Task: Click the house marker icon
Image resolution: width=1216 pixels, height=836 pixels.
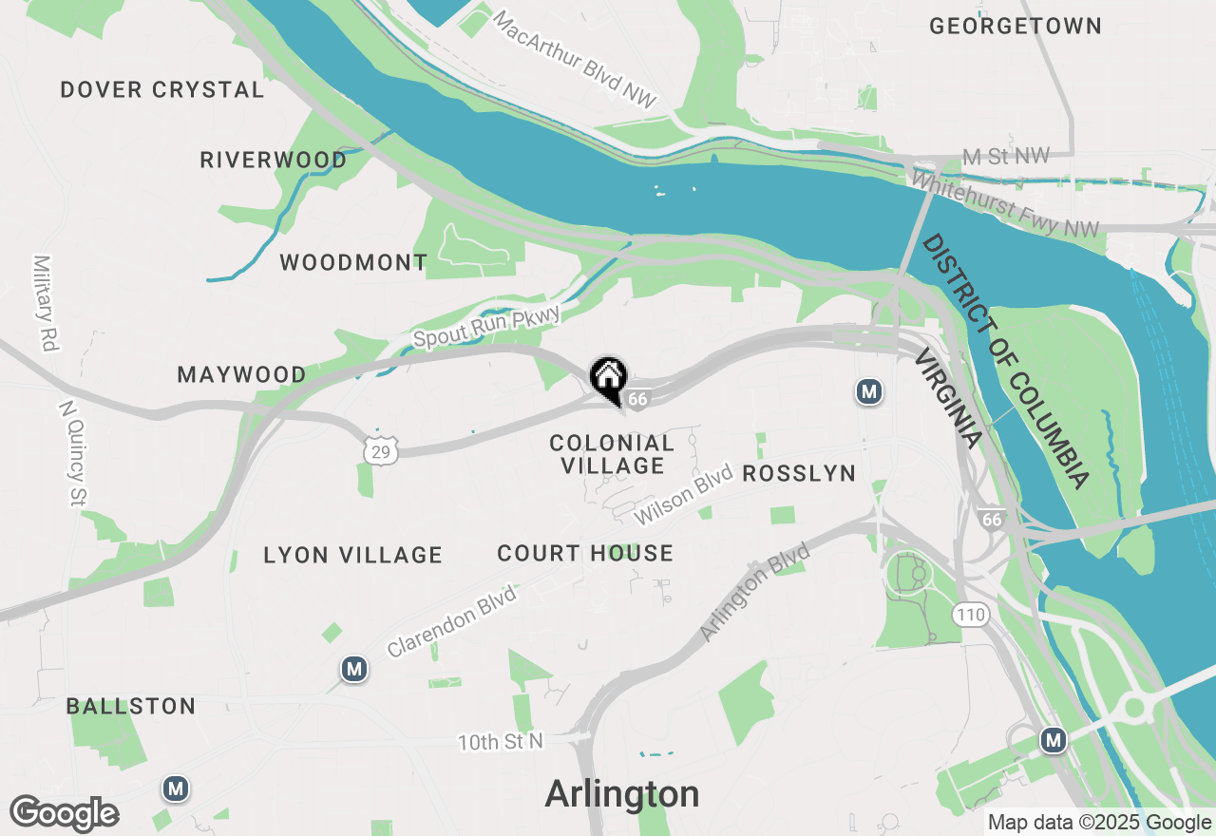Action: [x=608, y=376]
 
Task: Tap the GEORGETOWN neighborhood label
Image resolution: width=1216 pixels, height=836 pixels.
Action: [x=1015, y=27]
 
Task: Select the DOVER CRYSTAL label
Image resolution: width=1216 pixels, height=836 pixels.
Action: [x=162, y=90]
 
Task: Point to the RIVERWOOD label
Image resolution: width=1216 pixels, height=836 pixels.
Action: [x=274, y=161]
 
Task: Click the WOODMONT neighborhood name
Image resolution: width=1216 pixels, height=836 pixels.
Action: [x=353, y=263]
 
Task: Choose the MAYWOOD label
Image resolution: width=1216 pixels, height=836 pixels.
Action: [x=242, y=375]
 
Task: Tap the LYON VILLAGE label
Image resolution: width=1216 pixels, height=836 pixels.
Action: [x=353, y=556]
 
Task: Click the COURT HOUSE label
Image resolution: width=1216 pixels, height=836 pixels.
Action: [x=585, y=554]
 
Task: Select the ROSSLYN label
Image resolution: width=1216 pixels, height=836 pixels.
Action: [x=799, y=473]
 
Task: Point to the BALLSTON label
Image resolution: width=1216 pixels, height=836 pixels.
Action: [x=131, y=707]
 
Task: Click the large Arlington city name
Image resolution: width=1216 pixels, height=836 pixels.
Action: [x=622, y=794]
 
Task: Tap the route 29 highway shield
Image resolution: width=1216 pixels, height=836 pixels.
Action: [x=380, y=451]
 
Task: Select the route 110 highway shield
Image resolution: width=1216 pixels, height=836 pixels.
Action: [x=971, y=615]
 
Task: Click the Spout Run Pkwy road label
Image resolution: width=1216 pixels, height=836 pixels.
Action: [x=486, y=325]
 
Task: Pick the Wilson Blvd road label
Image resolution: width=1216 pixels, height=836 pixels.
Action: [x=684, y=494]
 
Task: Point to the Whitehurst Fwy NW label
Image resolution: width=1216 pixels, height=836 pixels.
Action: [x=1005, y=203]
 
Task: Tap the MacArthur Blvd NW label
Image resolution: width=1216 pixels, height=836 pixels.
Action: [x=576, y=59]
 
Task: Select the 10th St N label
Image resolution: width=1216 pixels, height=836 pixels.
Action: [x=501, y=742]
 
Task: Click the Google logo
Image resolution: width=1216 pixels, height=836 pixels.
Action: [x=64, y=813]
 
